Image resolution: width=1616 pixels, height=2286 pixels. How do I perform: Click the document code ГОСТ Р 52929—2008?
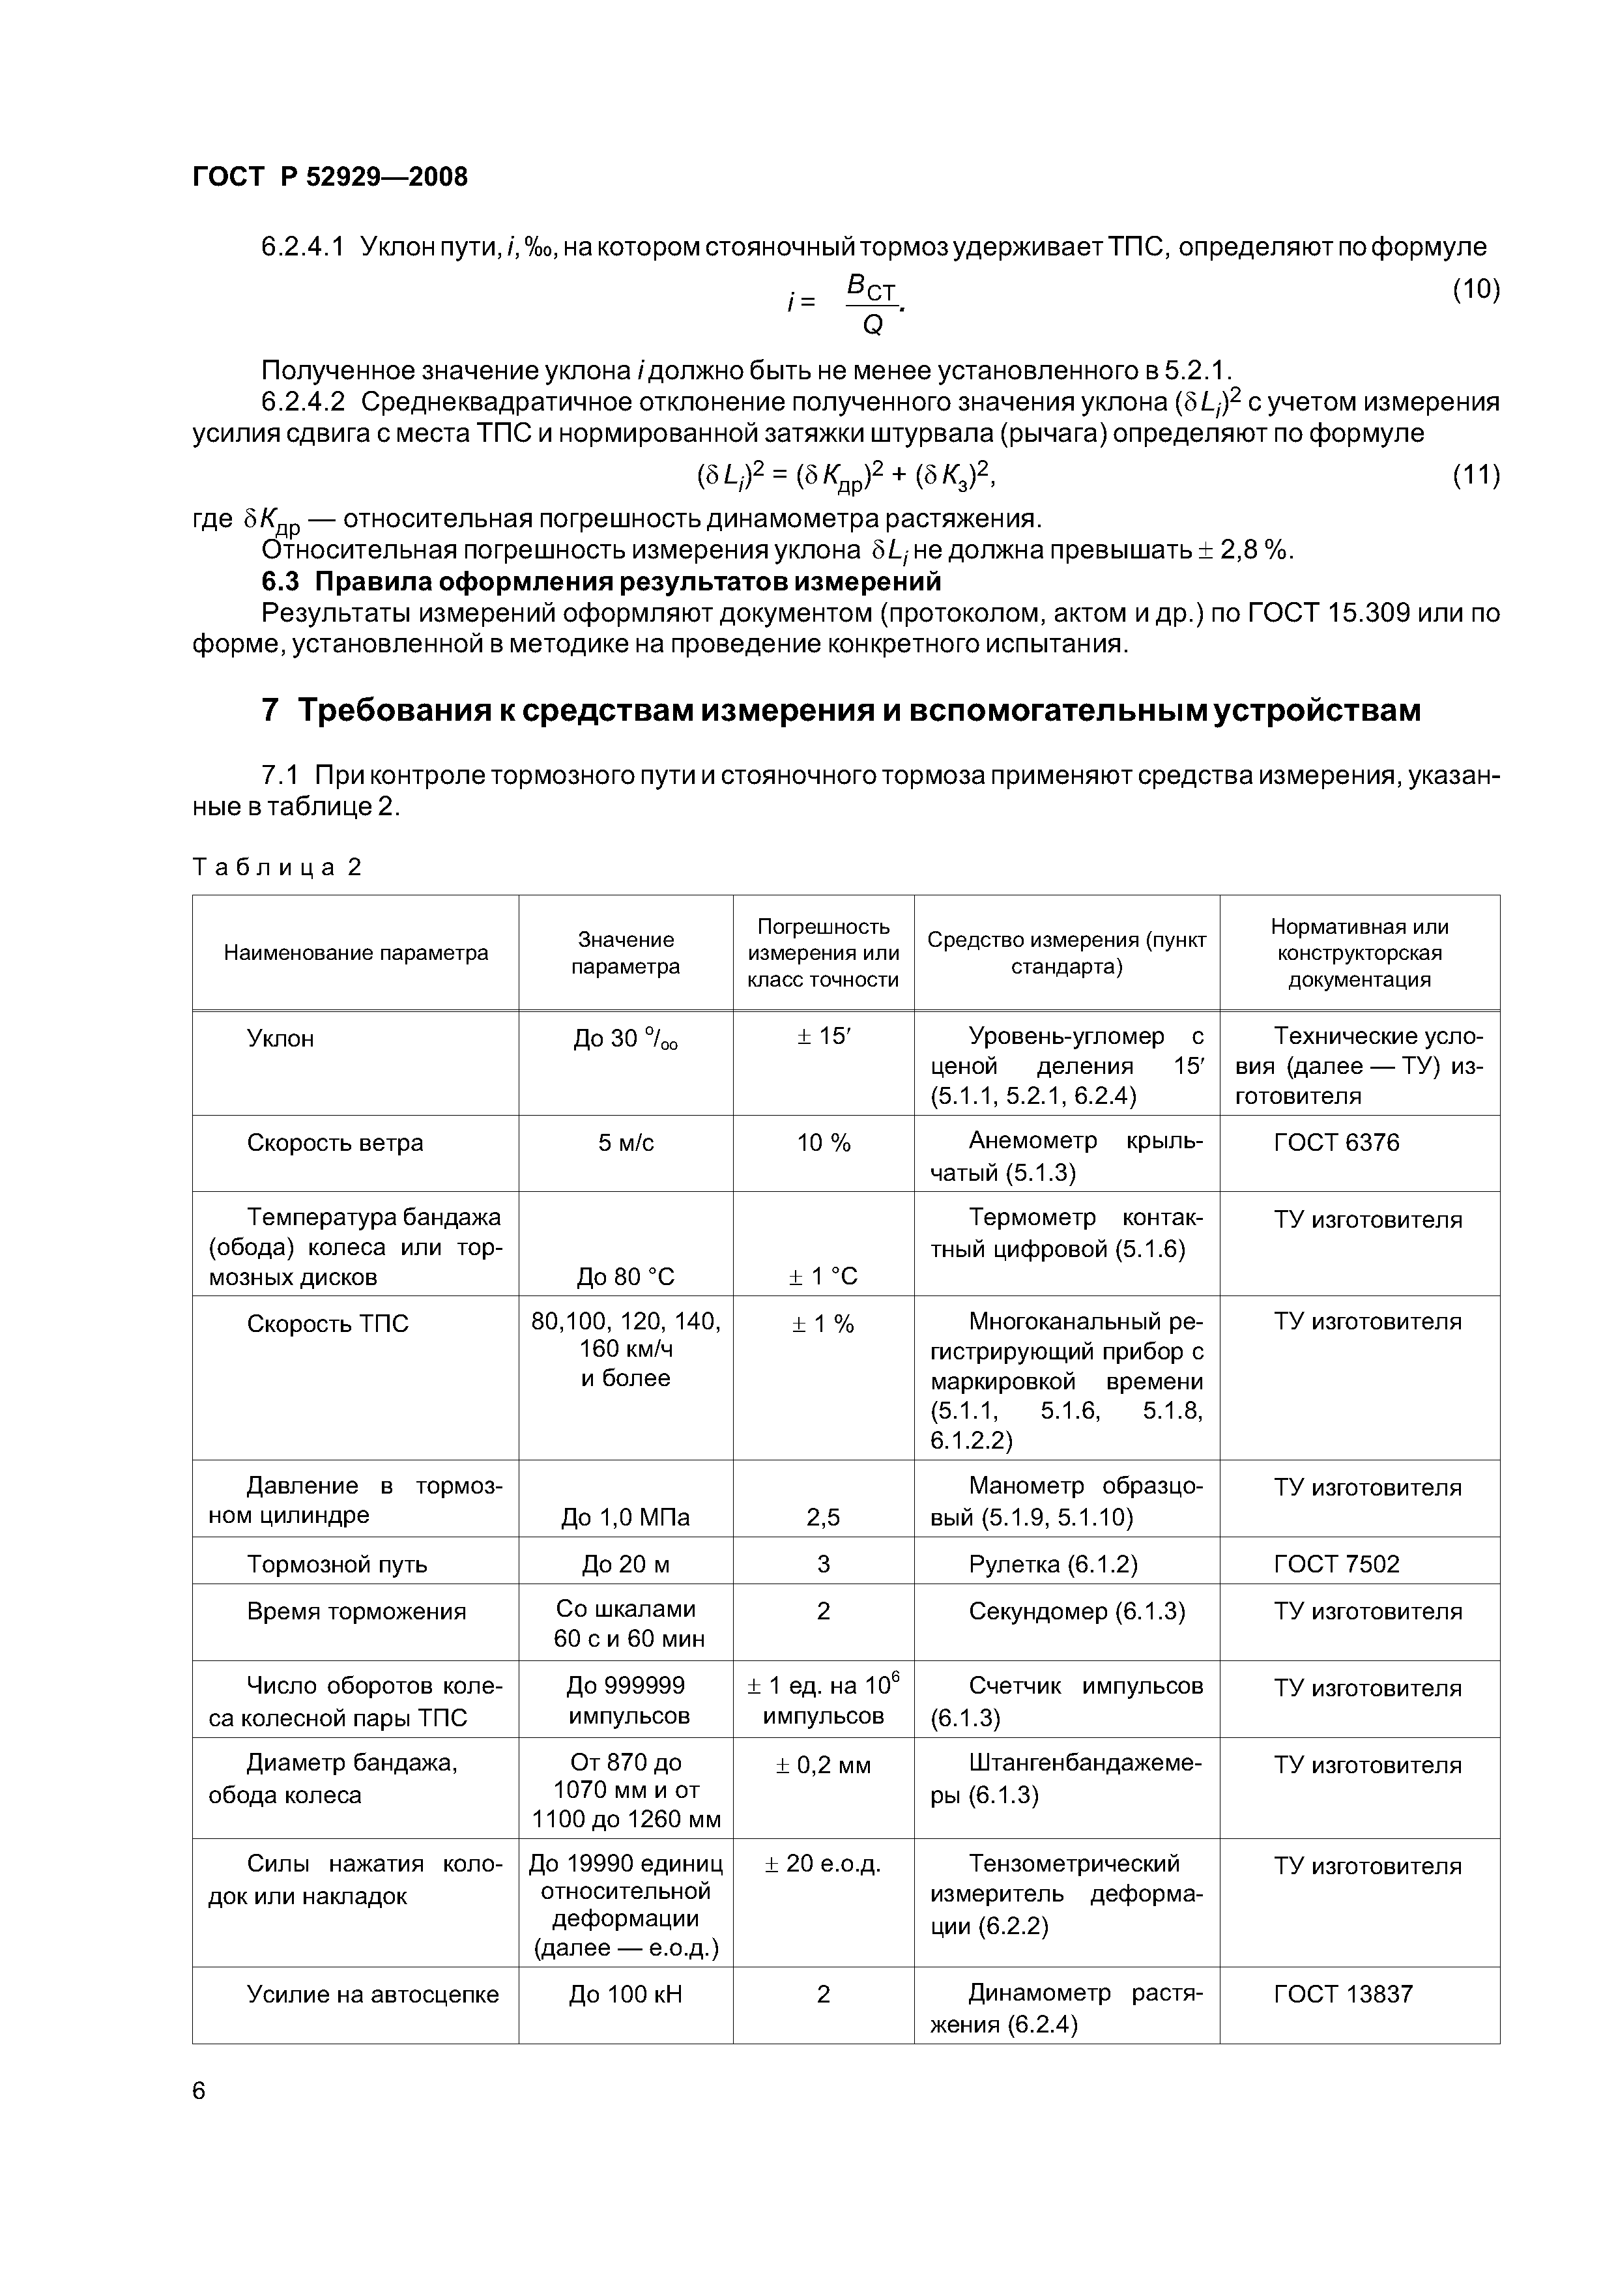330,177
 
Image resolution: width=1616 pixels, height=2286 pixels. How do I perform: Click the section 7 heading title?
841,711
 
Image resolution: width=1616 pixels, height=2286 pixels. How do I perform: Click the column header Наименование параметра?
356,953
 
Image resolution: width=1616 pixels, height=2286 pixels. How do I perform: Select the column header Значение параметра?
626,953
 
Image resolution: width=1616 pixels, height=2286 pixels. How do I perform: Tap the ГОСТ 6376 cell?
1336,1143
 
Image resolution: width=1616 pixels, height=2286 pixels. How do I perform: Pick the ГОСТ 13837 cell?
1342,2014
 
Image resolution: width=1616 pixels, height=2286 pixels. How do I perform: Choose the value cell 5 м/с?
626,1143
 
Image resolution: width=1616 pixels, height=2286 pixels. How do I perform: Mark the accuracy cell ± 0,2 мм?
822,1765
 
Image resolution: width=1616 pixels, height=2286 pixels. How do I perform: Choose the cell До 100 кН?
626,2014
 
